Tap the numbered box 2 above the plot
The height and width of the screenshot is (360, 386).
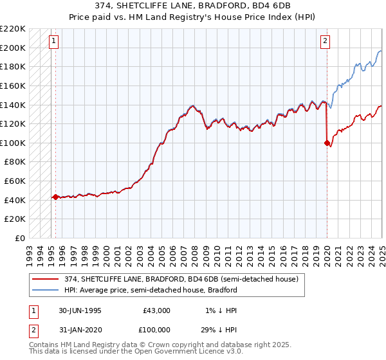coord(326,42)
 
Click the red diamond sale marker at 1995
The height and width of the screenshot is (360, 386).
coord(55,197)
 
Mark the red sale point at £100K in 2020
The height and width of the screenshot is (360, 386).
coord(327,143)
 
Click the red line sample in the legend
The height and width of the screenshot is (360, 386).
coord(45,280)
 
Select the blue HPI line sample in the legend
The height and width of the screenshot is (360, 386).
coord(45,290)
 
